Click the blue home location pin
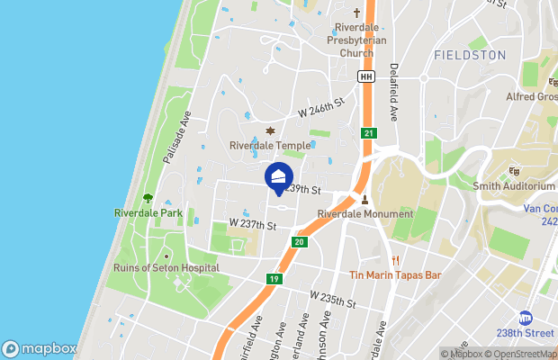tap(279, 176)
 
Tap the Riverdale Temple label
tap(270, 145)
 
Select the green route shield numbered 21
tap(369, 133)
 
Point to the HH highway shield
tap(365, 77)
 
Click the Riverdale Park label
tap(148, 213)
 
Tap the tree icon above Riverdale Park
tap(148, 199)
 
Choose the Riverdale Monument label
tap(365, 214)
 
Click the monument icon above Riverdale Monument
tap(365, 200)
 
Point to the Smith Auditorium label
tap(514, 186)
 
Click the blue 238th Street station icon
tap(525, 318)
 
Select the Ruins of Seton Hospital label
tap(166, 267)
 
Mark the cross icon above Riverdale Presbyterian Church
tap(356, 13)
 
